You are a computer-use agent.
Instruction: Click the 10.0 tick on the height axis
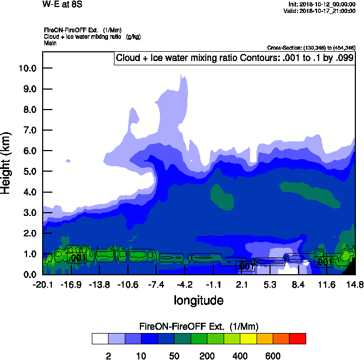28,69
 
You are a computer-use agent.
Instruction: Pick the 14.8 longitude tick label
355,284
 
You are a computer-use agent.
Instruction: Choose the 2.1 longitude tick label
241,284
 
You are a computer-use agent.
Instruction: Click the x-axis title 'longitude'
198,300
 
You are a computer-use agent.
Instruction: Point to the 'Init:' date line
322,4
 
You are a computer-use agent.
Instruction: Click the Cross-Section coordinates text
311,48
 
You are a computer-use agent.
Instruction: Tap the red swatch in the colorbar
298,338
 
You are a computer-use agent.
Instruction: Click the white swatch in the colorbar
100,338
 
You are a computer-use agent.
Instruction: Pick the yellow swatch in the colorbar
248,338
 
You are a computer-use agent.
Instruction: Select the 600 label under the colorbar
273,356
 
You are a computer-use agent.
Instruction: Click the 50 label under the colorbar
174,356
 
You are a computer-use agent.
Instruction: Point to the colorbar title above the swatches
199,327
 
